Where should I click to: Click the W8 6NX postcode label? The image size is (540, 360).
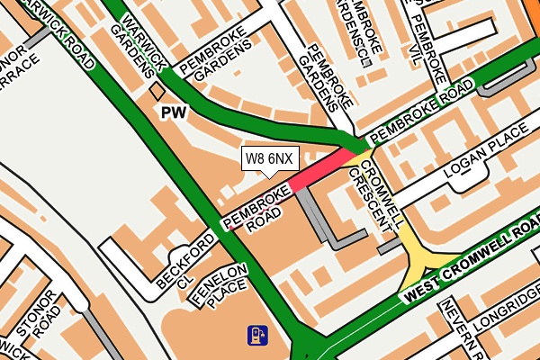(x=269, y=159)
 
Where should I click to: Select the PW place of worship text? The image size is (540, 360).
(x=172, y=112)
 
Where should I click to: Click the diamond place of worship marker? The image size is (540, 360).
(x=157, y=91)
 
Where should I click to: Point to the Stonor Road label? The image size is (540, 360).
(x=42, y=322)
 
